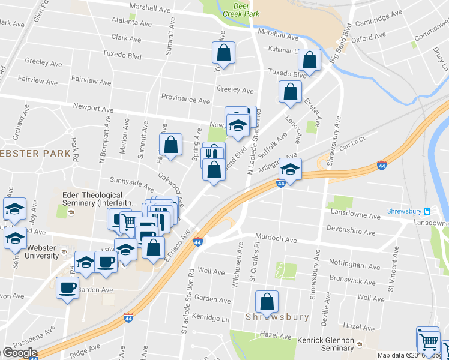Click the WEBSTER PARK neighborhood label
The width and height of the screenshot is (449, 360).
click(x=37, y=153)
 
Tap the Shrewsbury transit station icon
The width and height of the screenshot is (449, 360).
click(x=427, y=211)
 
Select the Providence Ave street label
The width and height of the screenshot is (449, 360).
click(x=186, y=99)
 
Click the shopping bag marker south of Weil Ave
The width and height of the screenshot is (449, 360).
click(x=267, y=301)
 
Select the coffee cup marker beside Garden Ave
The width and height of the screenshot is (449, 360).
click(x=67, y=287)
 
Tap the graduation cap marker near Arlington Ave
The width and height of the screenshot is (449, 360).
click(x=290, y=170)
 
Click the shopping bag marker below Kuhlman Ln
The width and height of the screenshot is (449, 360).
click(x=309, y=60)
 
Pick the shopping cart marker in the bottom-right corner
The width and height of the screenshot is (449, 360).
click(x=428, y=342)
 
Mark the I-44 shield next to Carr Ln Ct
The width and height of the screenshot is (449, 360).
click(x=381, y=164)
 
